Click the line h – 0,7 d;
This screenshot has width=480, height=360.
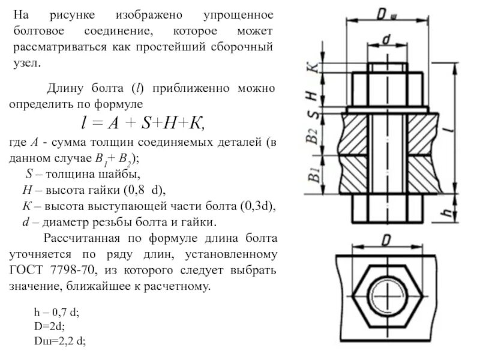click(56, 314)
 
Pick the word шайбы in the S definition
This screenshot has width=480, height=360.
click(123, 176)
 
